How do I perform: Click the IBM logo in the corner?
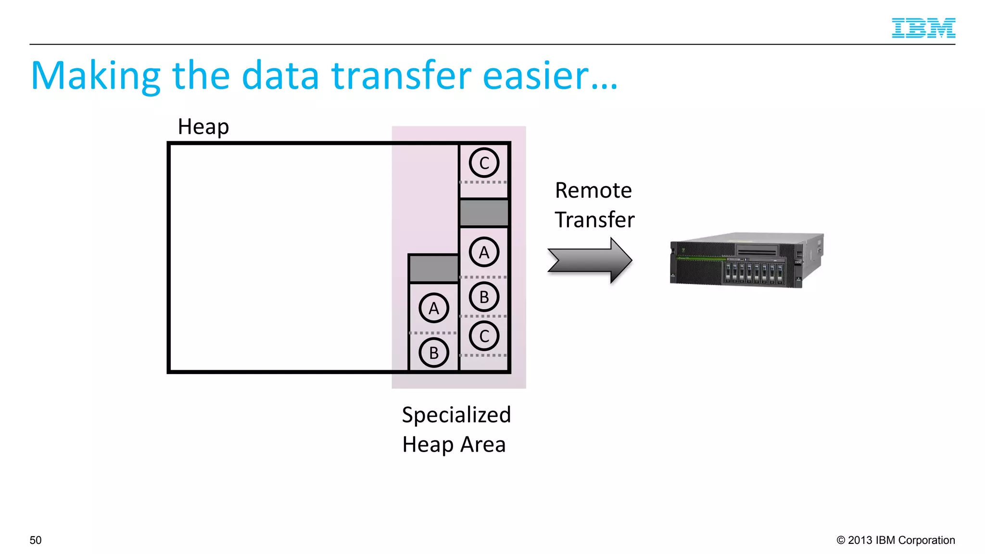coord(923,28)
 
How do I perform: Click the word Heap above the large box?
coord(203,127)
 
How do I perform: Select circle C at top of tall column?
coord(484,163)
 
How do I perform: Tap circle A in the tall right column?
coord(484,252)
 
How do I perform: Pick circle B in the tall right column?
coord(484,297)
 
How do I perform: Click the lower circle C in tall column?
coord(484,336)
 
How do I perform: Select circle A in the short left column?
coord(433,308)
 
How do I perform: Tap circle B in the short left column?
coord(433,353)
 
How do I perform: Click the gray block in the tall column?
coord(484,213)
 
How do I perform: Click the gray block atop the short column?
coord(433,269)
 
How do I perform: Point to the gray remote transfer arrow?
coord(590,260)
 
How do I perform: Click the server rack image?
coord(746,260)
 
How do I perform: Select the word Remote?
coord(593,190)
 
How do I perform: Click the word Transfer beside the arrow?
coord(594,220)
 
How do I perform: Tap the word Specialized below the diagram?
coord(456,415)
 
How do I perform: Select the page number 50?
coord(36,540)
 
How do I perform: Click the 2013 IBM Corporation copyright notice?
coord(895,540)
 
